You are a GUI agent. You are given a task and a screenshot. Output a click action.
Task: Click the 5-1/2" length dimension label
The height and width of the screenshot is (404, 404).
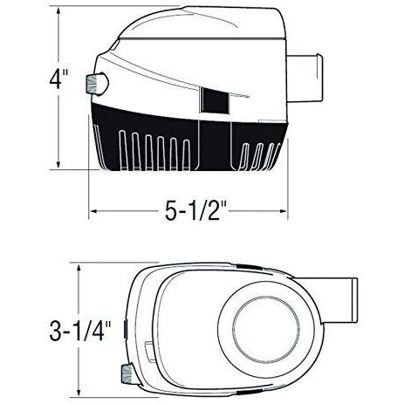pos(195,210)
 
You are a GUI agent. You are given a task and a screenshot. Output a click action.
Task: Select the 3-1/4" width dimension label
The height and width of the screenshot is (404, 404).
pos(80,331)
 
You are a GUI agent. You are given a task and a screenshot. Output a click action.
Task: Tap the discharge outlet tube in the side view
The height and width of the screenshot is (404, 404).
pos(305,78)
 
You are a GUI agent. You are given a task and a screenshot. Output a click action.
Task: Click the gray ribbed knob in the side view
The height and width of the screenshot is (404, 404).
pos(92,84)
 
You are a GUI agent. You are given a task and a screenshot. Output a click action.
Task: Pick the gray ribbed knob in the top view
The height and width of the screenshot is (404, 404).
pos(127,373)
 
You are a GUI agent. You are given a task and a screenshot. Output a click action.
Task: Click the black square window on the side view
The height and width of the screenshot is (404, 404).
pos(215,100)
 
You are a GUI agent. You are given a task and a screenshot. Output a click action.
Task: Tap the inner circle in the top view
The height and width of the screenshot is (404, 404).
pos(266,330)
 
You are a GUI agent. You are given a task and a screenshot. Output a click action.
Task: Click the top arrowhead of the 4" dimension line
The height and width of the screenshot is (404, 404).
pos(58,11)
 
